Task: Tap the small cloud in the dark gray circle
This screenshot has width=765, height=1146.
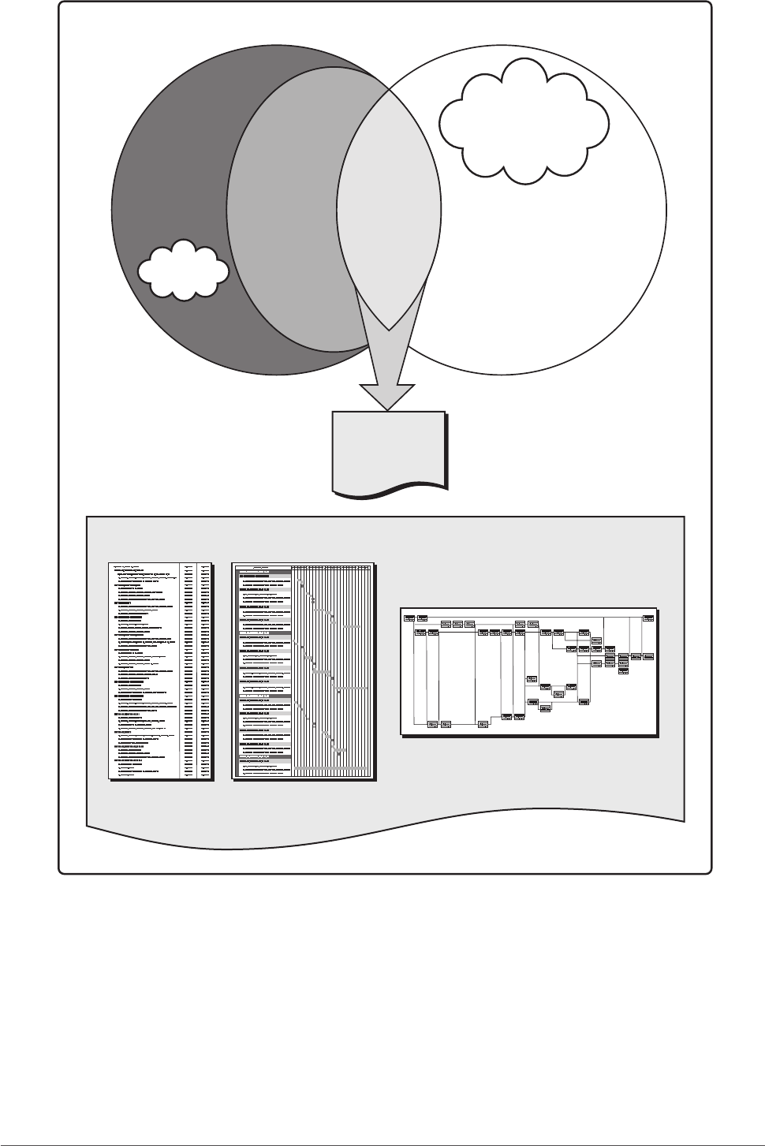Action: coord(183,269)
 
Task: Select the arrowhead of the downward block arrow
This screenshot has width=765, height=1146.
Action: coord(387,394)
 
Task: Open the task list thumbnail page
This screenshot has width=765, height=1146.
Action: coord(160,670)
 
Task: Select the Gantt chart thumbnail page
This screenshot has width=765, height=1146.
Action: coord(304,670)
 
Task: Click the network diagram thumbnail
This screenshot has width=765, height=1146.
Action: coord(528,671)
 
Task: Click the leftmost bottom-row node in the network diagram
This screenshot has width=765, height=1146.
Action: coord(432,723)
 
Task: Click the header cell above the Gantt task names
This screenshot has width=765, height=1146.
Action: coord(263,566)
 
